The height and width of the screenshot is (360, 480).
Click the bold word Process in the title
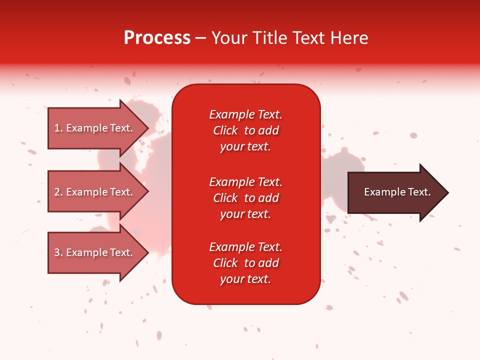pos(157,38)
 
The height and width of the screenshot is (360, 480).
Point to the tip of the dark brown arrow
pos(447,192)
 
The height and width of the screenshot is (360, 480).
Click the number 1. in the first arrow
pos(58,128)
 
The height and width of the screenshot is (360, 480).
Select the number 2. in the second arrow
pos(58,192)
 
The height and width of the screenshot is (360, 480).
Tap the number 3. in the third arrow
pos(58,252)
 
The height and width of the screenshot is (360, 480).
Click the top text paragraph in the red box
pos(245,130)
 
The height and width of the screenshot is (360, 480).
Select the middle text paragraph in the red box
pos(245,198)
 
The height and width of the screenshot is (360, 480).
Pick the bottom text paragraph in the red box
pos(245,263)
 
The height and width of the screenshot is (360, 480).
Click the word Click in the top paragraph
pos(225,130)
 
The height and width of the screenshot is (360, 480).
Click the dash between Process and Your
pos(200,38)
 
